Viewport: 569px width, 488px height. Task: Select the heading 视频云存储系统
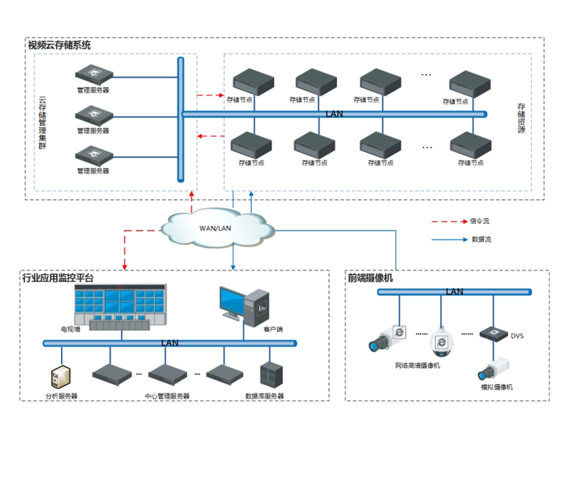(x=60, y=45)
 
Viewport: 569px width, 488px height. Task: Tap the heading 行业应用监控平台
(x=58, y=278)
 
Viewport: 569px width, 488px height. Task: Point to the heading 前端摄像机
(x=371, y=278)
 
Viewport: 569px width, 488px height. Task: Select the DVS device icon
(x=493, y=334)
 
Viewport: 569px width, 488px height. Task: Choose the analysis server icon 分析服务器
(x=62, y=377)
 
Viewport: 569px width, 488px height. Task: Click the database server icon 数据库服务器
(x=270, y=374)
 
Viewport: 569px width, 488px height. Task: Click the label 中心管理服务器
(x=167, y=396)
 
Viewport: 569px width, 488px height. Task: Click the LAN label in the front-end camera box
(x=454, y=292)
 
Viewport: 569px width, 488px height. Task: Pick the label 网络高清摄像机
(x=418, y=366)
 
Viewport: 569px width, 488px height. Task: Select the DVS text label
(x=517, y=336)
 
